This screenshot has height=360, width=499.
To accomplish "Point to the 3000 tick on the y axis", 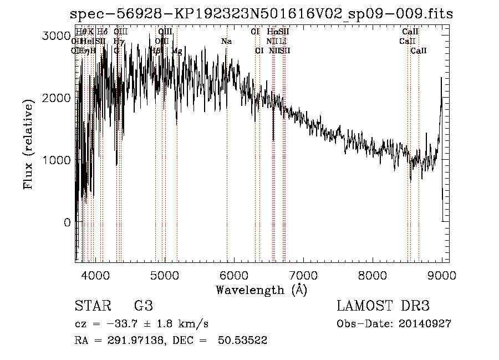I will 57,36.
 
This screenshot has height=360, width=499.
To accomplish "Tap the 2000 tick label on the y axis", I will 57,98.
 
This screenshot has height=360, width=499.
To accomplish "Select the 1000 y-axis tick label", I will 57,160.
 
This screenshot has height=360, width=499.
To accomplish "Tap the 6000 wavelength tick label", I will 234,275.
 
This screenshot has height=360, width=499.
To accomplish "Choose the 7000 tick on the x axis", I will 303,275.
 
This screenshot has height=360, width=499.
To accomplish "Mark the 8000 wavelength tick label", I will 373,275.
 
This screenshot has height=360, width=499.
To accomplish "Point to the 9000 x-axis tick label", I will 442,275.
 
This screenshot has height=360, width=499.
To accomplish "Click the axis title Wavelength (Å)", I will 261,290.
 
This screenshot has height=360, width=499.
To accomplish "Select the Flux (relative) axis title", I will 28,145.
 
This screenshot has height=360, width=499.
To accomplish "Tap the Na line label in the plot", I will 226,42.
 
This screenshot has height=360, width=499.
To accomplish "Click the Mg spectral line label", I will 177,51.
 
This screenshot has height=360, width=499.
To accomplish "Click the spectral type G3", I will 144,306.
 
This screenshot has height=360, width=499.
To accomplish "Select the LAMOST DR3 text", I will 383,306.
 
